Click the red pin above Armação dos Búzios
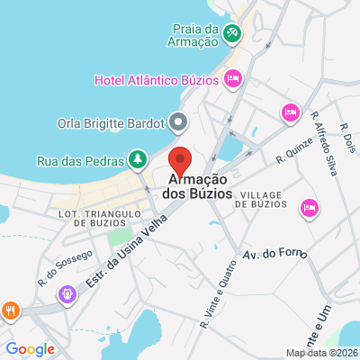coord(181,160)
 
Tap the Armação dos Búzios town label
coord(199,186)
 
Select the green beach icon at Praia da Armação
coord(233,33)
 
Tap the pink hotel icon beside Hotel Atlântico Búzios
coord(233,80)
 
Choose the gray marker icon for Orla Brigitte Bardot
coord(180,121)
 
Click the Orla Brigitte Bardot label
coord(112,121)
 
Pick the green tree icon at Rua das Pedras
coord(137,160)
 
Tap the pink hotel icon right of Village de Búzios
coord(309,208)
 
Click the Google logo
coord(31,349)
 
